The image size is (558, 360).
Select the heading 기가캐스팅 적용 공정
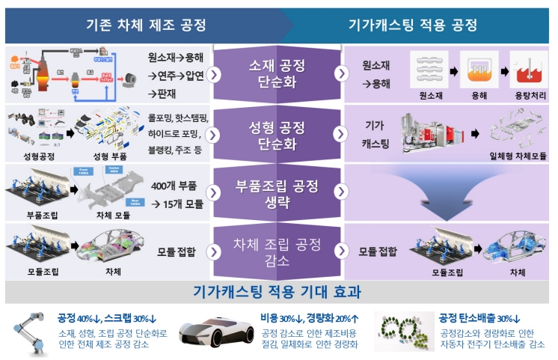click(x=412, y=25)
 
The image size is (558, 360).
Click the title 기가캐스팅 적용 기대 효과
click(x=278, y=291)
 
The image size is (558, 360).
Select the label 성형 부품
click(x=110, y=156)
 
